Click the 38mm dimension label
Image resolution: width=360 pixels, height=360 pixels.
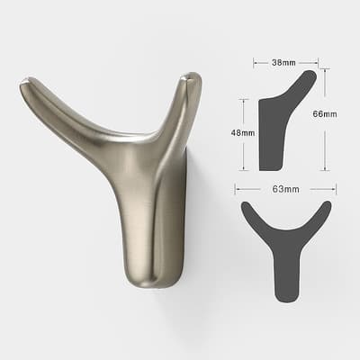click(283, 63)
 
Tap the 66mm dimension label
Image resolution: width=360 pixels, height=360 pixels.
click(324, 114)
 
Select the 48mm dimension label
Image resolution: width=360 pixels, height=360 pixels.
click(243, 132)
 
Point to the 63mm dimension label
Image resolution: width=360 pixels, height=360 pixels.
click(285, 189)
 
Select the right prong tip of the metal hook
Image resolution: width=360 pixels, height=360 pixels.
click(192, 76)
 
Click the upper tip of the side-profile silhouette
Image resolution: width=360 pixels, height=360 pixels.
click(311, 74)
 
